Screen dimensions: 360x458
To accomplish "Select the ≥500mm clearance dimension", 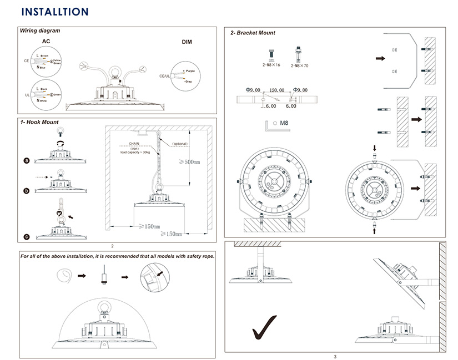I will pos(189,162).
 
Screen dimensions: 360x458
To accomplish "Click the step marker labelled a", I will pos(26,160).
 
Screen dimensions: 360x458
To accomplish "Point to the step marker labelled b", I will pos(26,190).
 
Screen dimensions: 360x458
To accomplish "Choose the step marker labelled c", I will pos(26,237).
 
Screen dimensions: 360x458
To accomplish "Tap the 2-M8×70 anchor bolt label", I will pos(300,65).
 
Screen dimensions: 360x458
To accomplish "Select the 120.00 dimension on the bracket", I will pos(276,90).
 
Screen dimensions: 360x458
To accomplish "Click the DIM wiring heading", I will pos(187,42).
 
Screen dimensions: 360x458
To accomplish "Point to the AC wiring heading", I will pos(47,42).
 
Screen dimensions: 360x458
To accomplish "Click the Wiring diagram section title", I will pos(40,31).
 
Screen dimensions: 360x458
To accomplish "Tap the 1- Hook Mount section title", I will pos(39,122).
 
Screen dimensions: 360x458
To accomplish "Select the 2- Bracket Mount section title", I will pos(253,33).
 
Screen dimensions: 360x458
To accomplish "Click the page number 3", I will pos(335,356).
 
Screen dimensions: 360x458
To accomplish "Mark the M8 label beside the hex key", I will pos(283,123).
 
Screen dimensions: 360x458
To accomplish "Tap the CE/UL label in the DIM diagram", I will pos(164,76).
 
